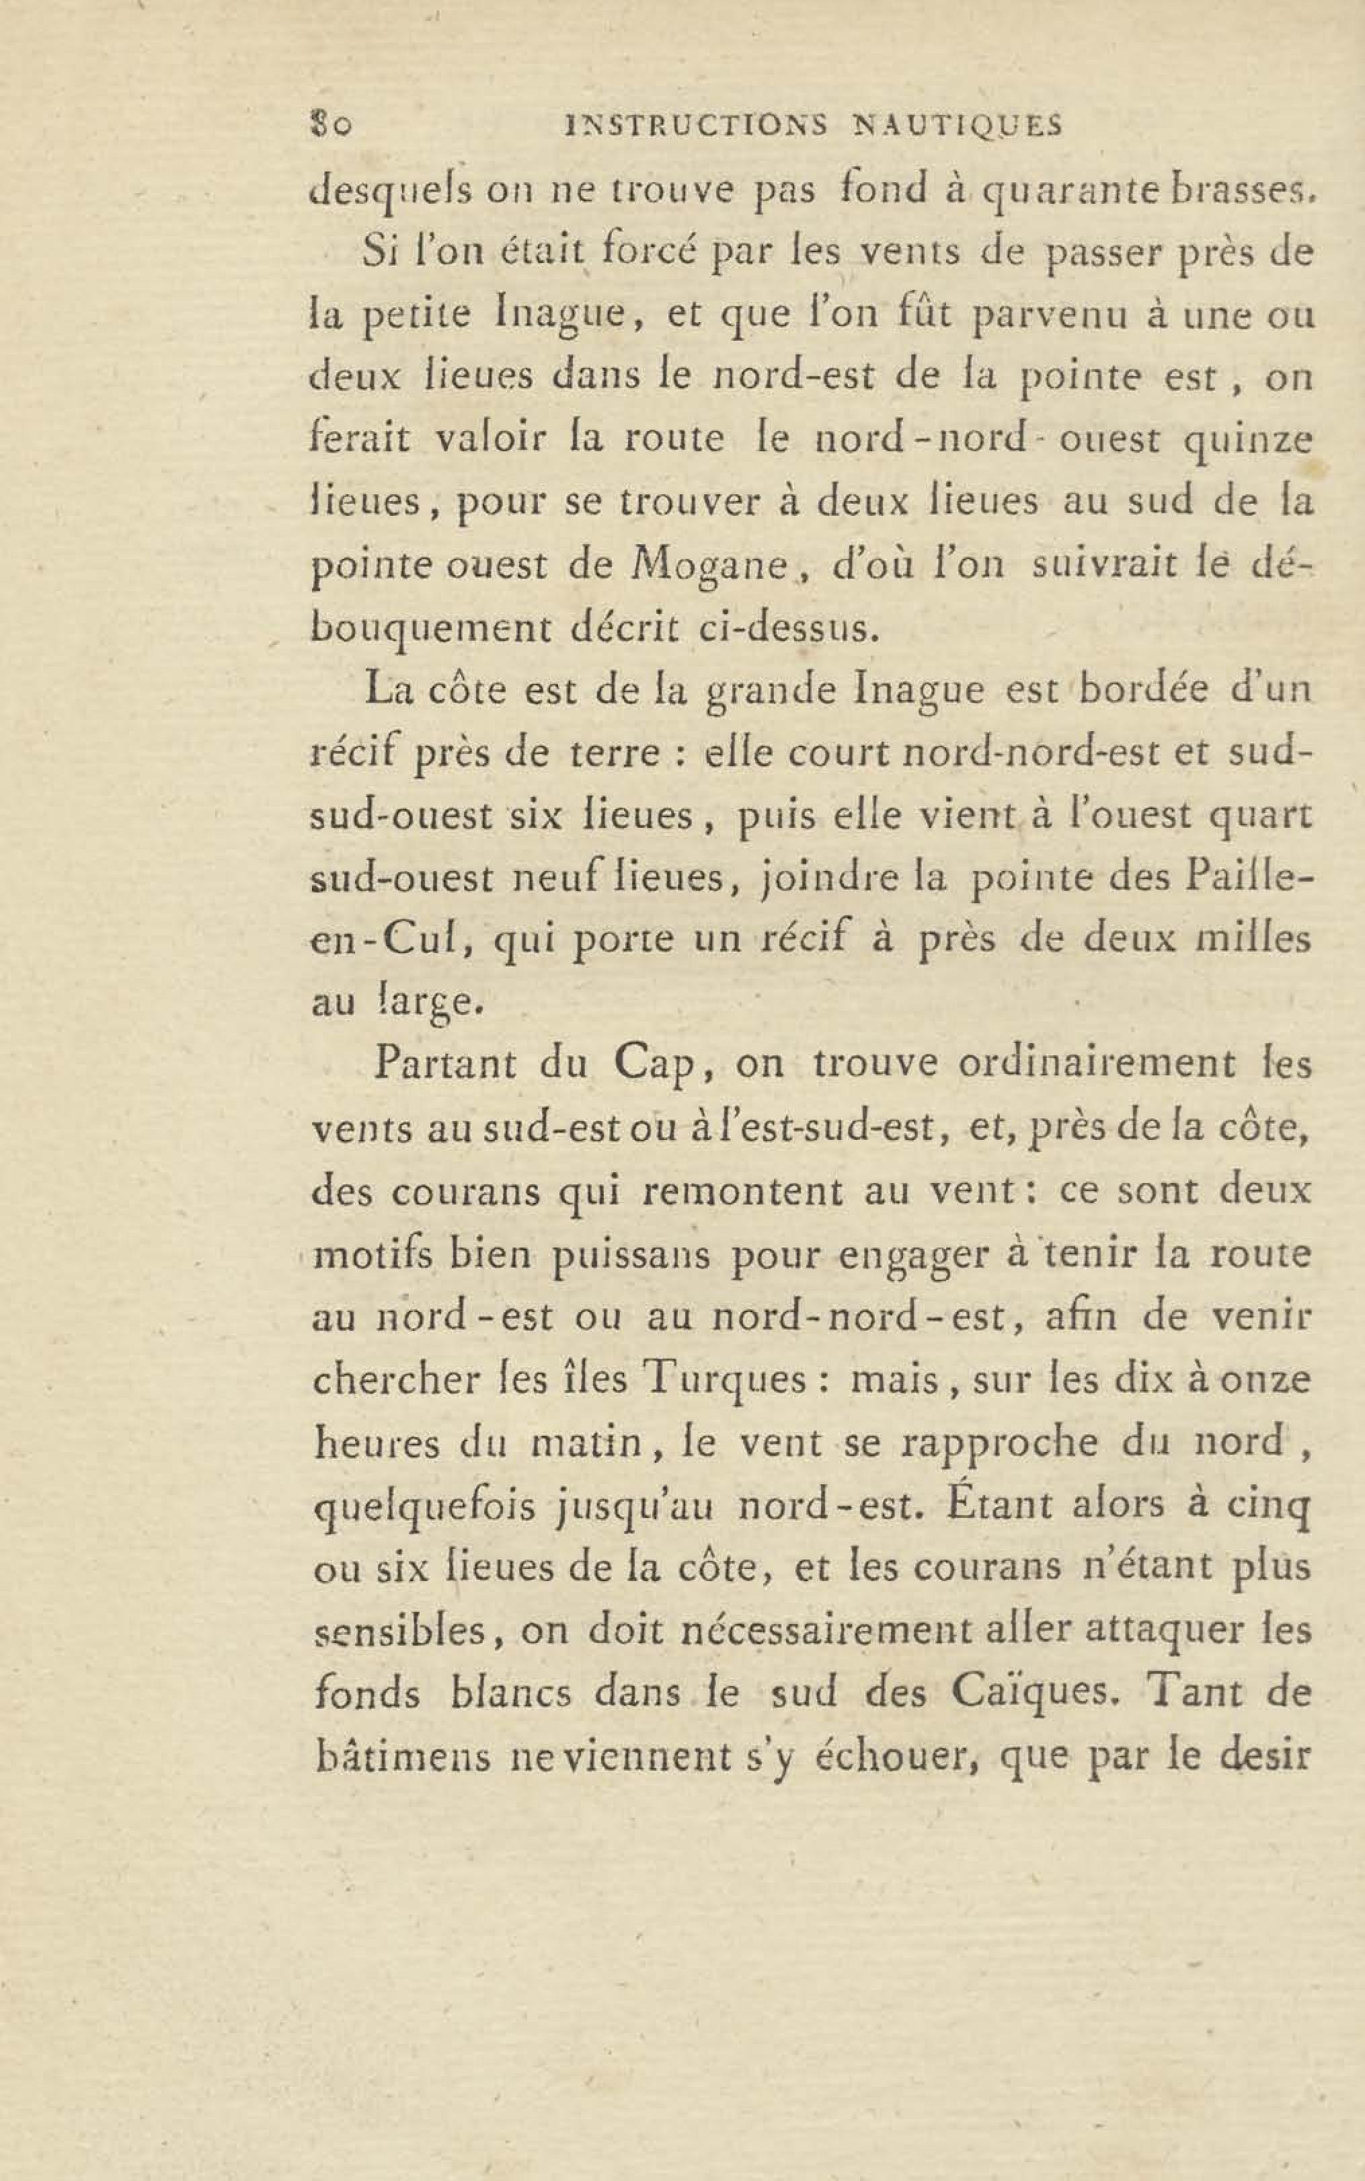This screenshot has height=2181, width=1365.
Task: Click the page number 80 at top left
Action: [329, 126]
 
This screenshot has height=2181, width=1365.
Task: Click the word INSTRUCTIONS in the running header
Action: [693, 126]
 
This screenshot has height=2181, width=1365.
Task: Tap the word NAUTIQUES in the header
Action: [958, 126]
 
